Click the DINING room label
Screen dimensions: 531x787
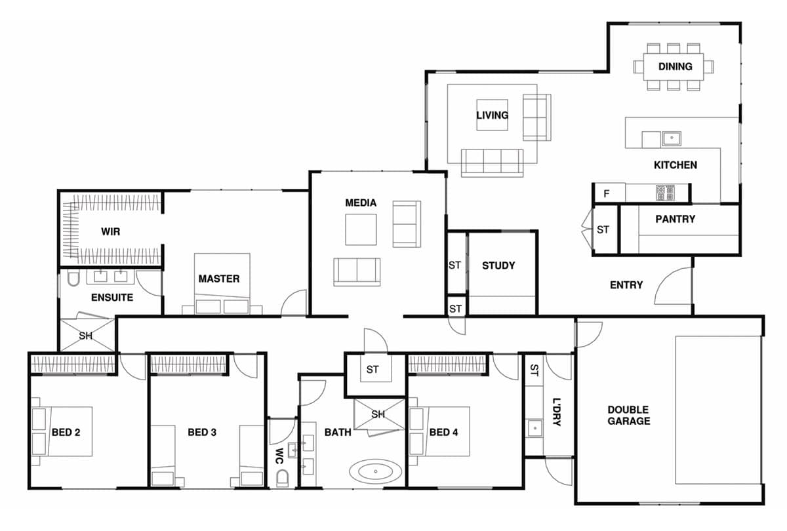tap(675, 66)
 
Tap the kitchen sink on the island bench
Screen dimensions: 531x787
tap(670, 138)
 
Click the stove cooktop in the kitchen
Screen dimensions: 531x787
tap(665, 192)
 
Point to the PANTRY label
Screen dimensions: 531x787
tap(675, 219)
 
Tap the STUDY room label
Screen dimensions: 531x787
tap(498, 265)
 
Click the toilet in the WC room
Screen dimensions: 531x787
tap(283, 479)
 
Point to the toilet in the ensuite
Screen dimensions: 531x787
tap(72, 281)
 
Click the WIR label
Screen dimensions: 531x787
tap(110, 231)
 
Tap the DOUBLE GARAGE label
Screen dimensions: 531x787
tap(628, 416)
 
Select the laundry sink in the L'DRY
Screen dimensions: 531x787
tap(535, 429)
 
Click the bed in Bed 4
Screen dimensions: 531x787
tap(439, 431)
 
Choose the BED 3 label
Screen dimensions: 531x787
tap(202, 432)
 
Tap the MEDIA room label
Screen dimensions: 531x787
tap(361, 203)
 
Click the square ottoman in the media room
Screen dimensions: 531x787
tap(361, 229)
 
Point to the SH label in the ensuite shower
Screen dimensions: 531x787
tap(86, 336)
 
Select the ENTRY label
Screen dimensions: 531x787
tap(626, 285)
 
